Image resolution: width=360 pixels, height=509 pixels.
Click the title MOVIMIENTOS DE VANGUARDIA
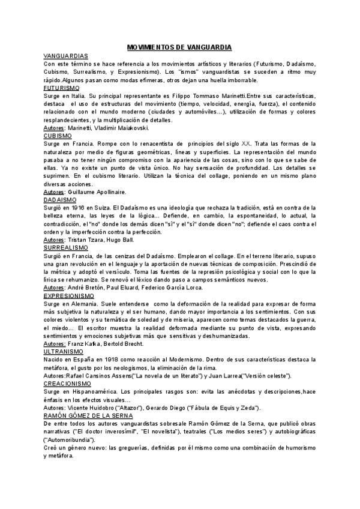180,47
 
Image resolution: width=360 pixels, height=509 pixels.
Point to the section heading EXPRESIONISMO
69,297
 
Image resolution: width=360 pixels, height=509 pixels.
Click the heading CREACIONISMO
67,382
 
